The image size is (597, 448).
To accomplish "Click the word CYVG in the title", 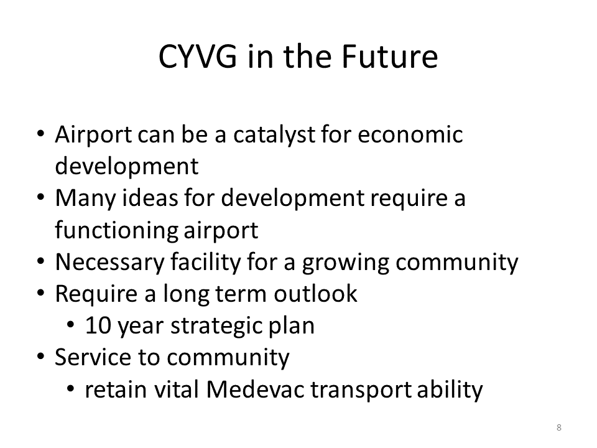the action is click(197, 57).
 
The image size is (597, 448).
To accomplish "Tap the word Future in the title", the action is click(389, 57).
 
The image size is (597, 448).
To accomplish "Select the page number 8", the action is click(559, 427).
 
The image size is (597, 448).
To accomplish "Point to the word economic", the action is click(410, 134).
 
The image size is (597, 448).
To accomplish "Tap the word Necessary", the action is click(109, 263).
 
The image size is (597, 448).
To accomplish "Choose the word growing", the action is click(345, 263).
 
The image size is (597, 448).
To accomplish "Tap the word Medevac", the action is click(255, 390).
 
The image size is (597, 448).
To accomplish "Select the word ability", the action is click(450, 390).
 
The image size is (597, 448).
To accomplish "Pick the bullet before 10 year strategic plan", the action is click(70, 325).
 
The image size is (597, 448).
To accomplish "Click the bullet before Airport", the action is click(40, 134).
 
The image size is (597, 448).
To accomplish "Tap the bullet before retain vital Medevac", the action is click(70, 389).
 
